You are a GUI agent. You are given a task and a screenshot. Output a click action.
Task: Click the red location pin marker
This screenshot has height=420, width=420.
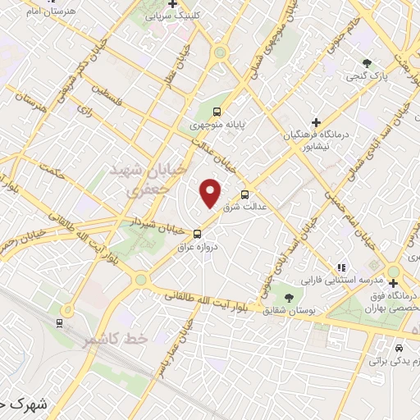(x=212, y=193)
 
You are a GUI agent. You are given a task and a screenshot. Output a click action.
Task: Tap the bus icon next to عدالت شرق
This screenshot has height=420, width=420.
(x=245, y=194)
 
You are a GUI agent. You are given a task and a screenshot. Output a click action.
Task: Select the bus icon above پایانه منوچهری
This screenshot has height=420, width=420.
(x=216, y=112)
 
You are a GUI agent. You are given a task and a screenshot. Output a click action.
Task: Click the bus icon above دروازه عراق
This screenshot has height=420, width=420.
(x=195, y=234)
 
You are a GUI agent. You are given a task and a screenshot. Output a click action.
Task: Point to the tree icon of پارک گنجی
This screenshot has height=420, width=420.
(x=367, y=63)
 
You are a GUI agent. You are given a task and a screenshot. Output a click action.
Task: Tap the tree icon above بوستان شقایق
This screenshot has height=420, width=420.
(x=288, y=296)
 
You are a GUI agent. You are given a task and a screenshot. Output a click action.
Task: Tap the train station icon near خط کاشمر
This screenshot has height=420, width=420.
(x=62, y=322)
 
